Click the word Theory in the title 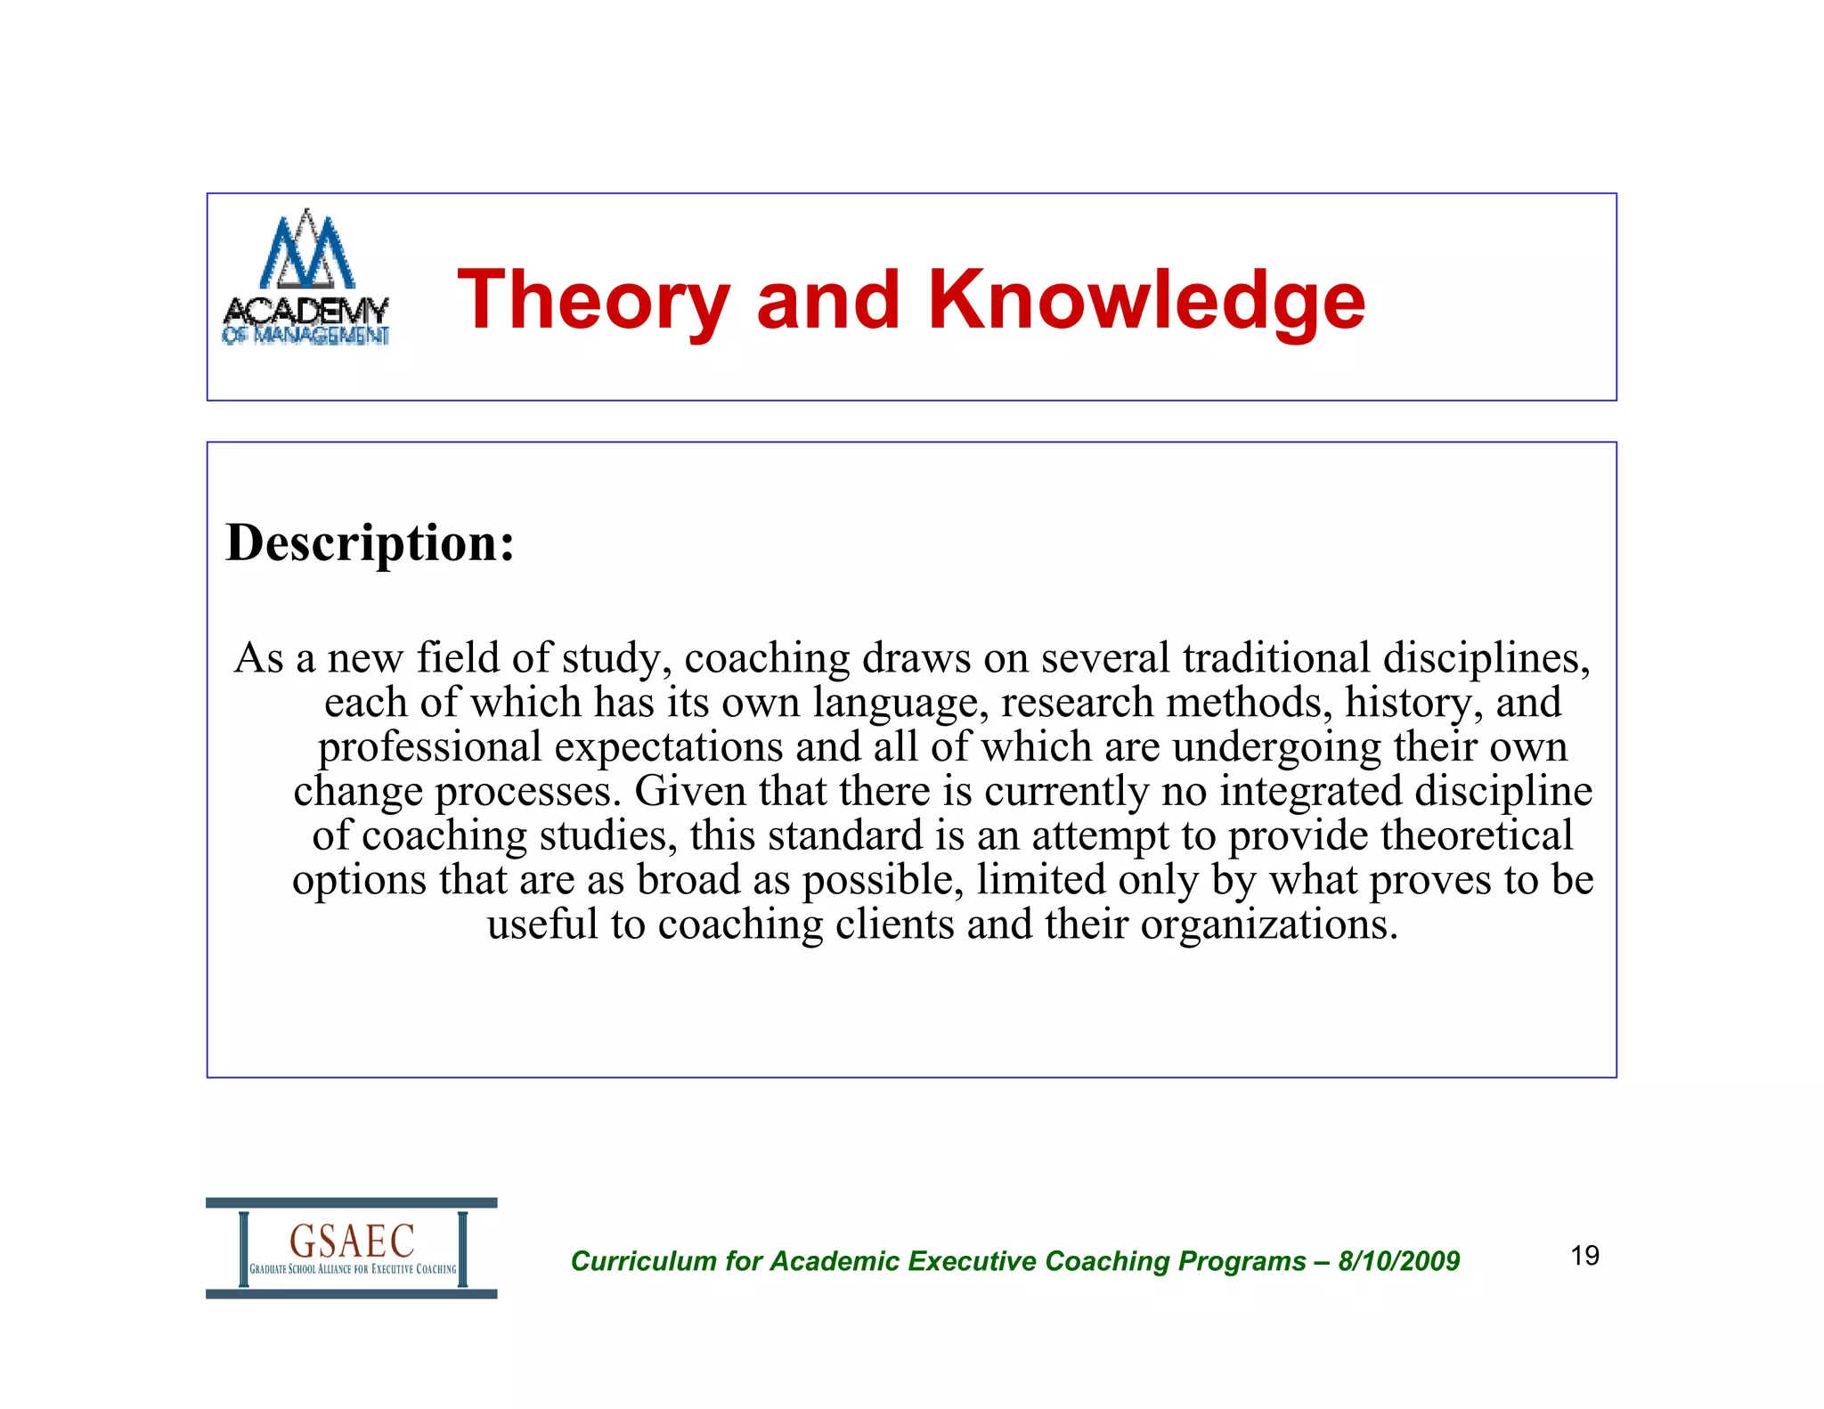(593, 300)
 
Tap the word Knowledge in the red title (1146, 300)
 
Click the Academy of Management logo (305, 278)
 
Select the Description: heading (370, 542)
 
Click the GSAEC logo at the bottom (352, 1248)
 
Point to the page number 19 (1584, 1256)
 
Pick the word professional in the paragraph (430, 746)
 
